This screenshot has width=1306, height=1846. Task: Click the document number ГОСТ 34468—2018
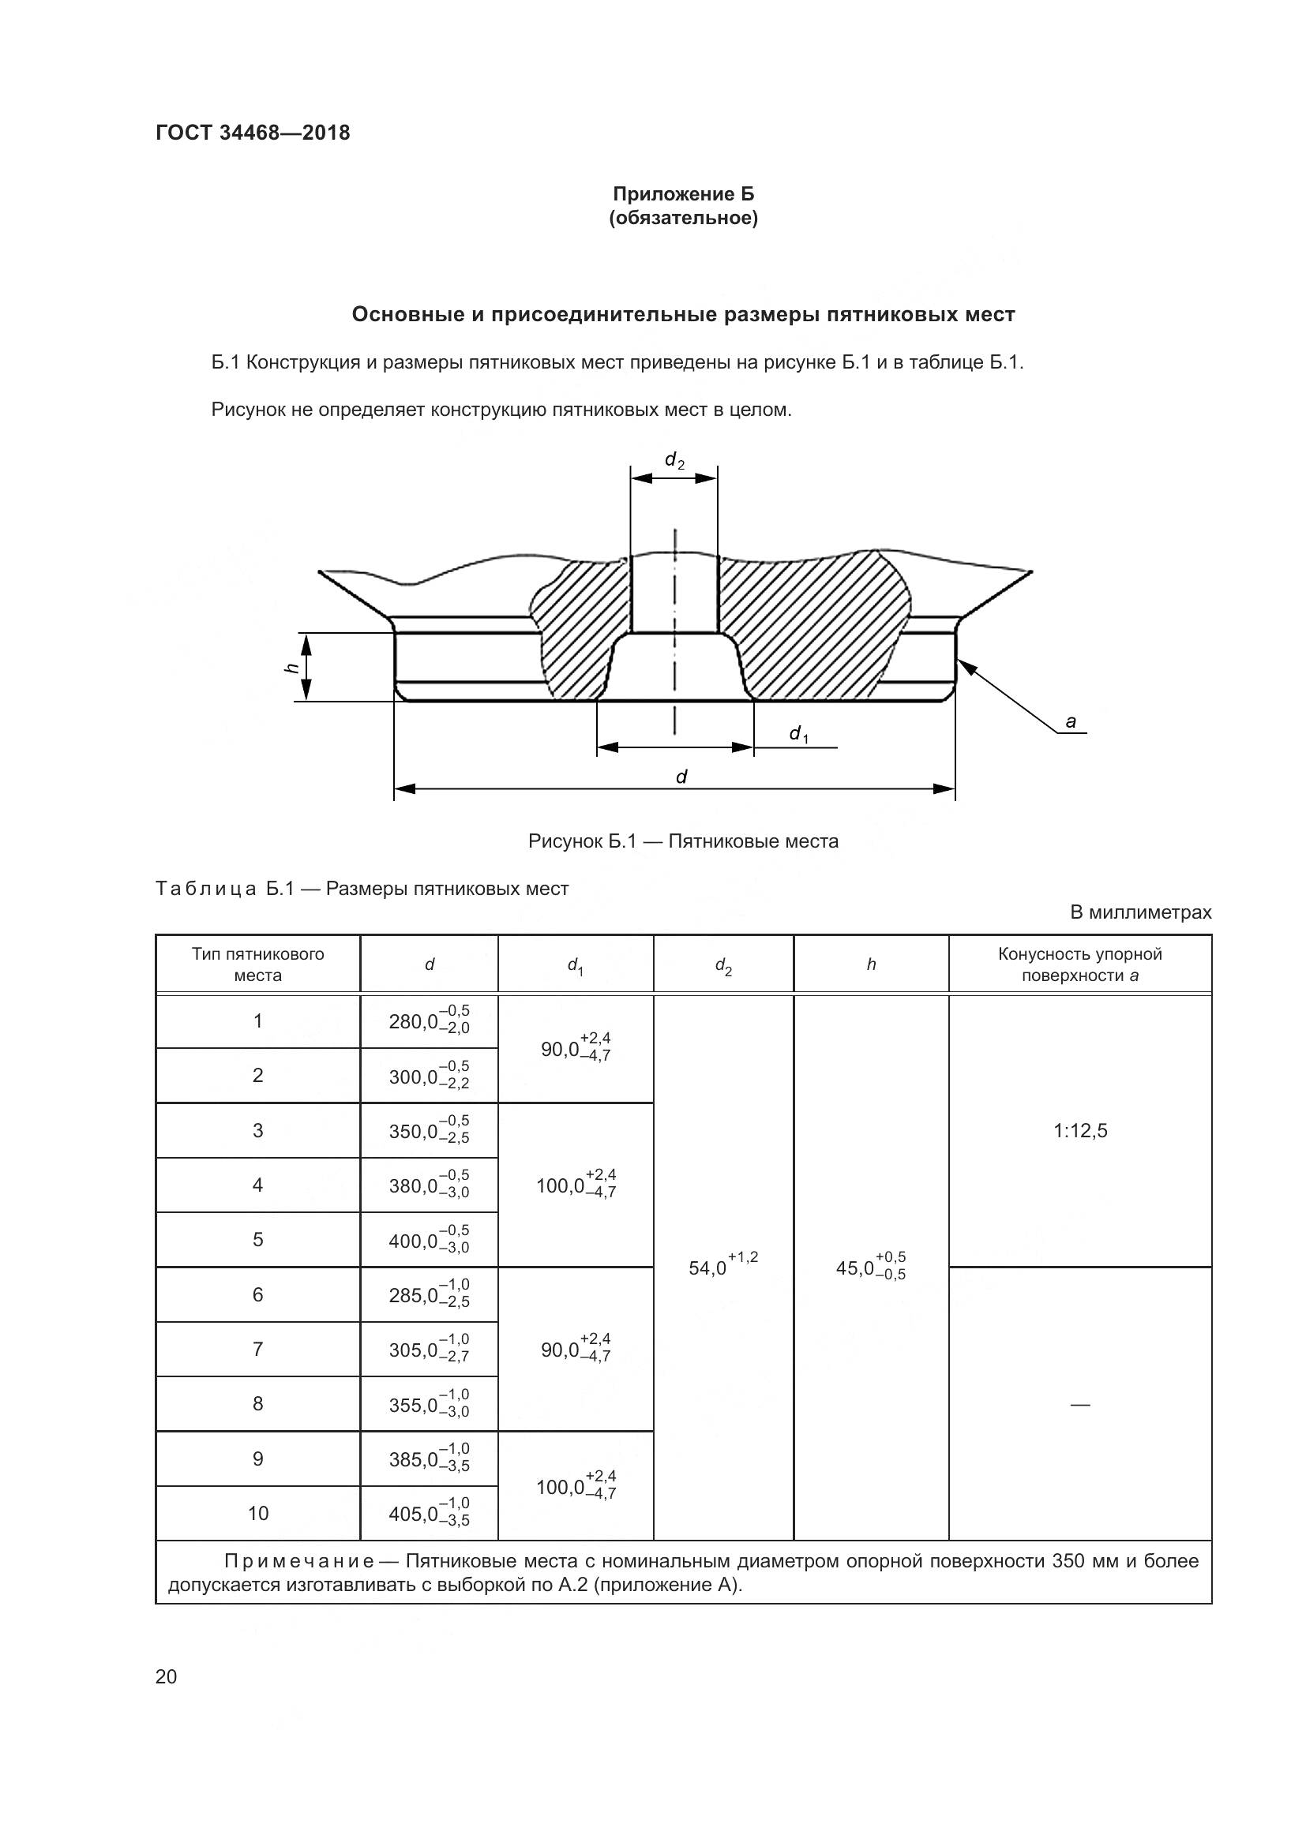click(x=253, y=133)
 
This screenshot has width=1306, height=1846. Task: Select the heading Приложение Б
click(x=683, y=194)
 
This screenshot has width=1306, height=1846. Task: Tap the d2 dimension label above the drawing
click(x=674, y=461)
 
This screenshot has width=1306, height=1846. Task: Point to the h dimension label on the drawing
click(x=293, y=667)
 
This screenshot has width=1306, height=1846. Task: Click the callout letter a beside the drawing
click(x=1071, y=722)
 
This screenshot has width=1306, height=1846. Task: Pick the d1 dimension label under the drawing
click(x=797, y=733)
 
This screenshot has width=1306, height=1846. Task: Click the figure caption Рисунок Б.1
click(x=683, y=841)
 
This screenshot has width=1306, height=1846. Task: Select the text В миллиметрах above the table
click(x=1139, y=912)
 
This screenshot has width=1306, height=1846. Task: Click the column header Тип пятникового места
click(x=257, y=964)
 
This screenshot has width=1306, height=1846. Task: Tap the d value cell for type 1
click(x=429, y=1021)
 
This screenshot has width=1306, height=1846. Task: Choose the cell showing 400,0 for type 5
click(x=429, y=1240)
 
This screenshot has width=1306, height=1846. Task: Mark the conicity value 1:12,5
click(x=1079, y=1130)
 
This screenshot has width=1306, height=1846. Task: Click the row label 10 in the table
click(x=257, y=1513)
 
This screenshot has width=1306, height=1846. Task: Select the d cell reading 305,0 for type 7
click(x=429, y=1349)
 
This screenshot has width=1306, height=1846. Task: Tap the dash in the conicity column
click(x=1079, y=1405)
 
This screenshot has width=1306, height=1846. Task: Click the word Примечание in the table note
click(x=298, y=1560)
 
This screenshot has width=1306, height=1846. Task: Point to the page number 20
click(x=166, y=1676)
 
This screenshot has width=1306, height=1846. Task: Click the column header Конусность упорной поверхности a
click(x=1079, y=964)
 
